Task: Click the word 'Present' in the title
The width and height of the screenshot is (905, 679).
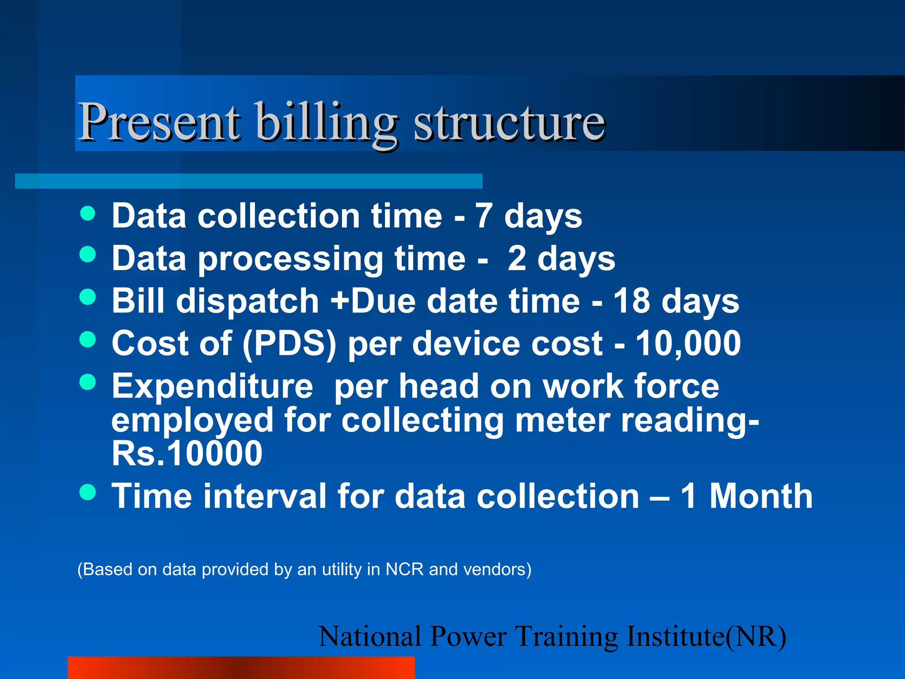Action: click(x=159, y=122)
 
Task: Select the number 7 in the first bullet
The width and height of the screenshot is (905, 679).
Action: click(x=483, y=216)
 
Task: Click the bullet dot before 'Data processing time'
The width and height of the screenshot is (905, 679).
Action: click(x=88, y=254)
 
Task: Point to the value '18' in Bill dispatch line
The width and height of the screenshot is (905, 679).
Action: click(x=631, y=301)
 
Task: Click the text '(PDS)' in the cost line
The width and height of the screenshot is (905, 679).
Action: click(x=289, y=344)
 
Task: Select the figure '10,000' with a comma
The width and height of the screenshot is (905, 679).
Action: click(x=688, y=344)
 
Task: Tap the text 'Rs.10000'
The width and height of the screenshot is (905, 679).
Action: click(x=187, y=454)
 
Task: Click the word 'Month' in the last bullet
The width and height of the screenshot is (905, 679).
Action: click(x=761, y=496)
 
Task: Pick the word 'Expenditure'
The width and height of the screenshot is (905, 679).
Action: click(x=212, y=386)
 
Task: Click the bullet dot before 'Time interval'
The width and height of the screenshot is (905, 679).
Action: click(x=88, y=492)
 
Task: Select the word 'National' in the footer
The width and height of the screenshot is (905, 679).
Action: click(x=370, y=637)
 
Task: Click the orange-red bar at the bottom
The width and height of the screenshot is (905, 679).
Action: click(x=241, y=668)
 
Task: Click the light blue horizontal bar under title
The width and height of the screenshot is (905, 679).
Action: click(x=248, y=181)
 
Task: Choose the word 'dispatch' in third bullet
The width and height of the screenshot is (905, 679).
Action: click(x=247, y=301)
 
